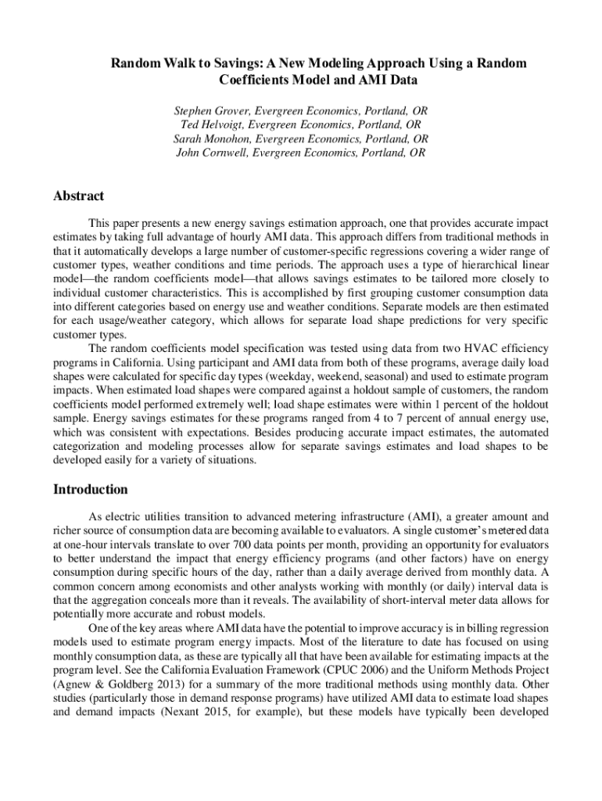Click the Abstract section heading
pos(78,196)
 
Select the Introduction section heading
pos(90,490)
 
